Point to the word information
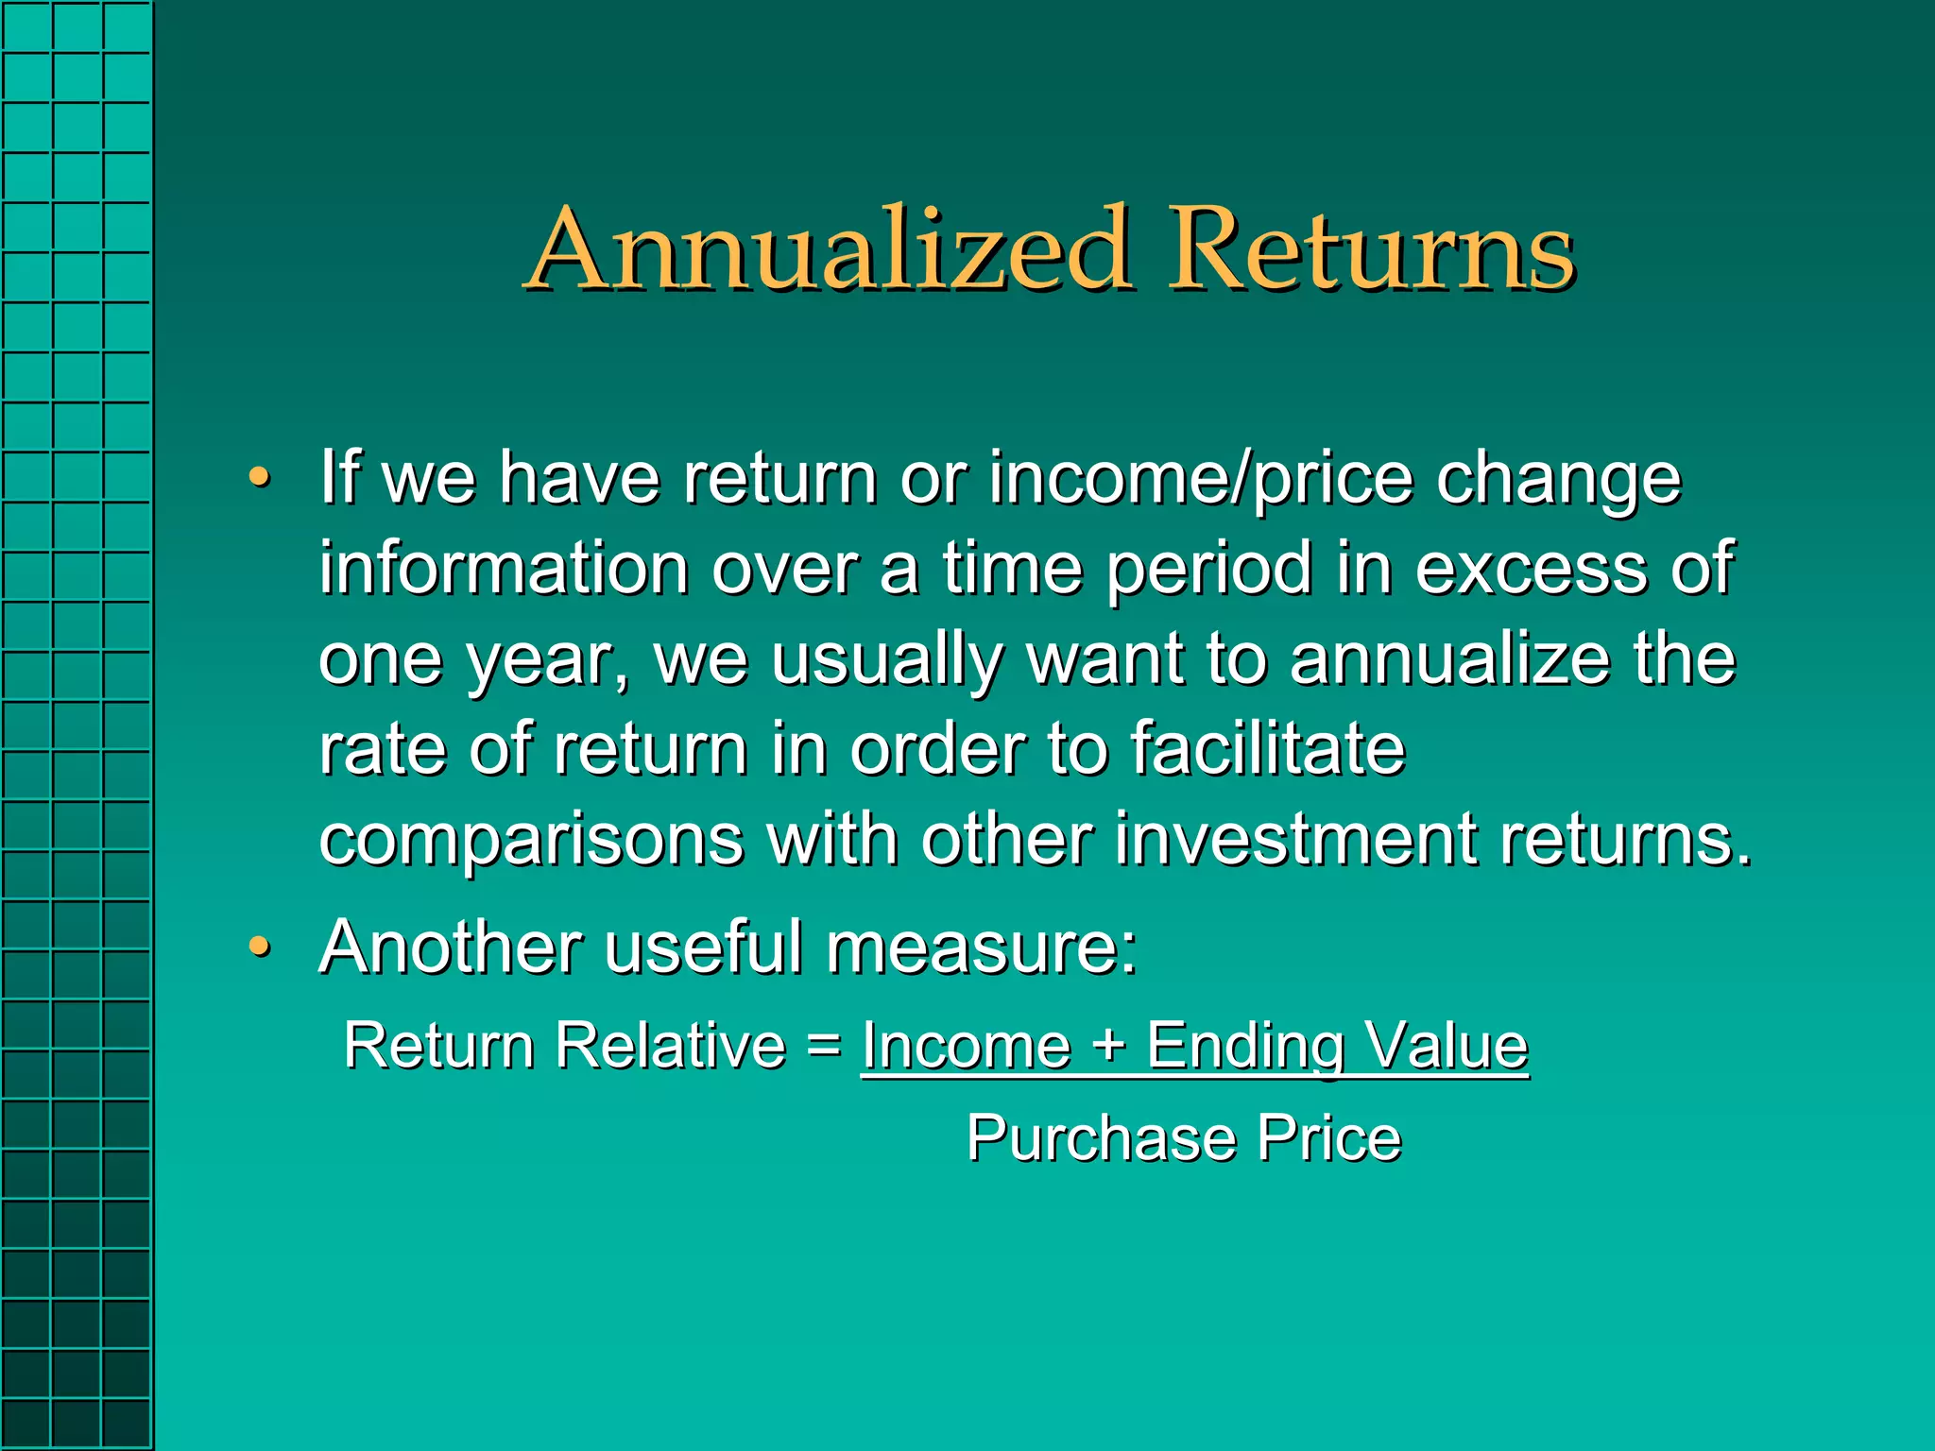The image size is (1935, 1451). tap(504, 569)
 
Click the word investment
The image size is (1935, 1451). tap(1296, 839)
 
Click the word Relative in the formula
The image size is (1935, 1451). tap(670, 1046)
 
